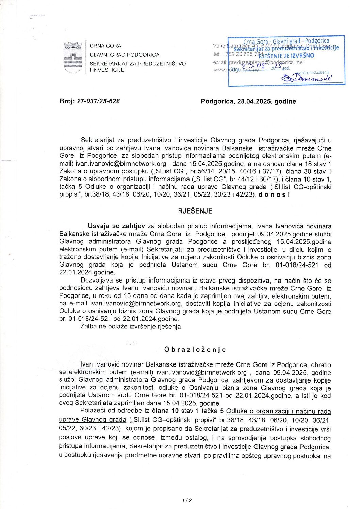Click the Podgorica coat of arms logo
(73, 57)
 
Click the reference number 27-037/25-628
(98, 101)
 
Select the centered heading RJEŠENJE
(195, 211)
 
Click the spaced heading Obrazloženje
(195, 349)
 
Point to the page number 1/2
(187, 500)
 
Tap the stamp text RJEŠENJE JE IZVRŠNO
(286, 56)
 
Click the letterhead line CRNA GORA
(105, 46)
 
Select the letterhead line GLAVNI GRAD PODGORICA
(124, 55)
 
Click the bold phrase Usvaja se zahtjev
(116, 226)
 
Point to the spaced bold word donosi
(274, 194)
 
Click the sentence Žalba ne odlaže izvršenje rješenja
(131, 327)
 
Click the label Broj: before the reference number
(67, 101)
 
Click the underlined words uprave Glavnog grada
(93, 420)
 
